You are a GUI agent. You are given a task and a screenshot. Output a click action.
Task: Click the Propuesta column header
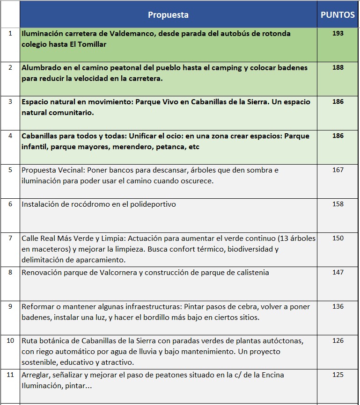168,15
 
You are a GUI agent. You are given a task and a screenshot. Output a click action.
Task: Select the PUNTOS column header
338,15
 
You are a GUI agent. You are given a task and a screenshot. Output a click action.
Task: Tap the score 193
338,34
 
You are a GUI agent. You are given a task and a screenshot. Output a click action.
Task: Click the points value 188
338,68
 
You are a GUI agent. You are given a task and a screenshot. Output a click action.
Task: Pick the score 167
338,170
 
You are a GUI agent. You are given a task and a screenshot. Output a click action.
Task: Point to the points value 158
338,204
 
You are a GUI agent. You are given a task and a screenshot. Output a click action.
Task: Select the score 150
338,239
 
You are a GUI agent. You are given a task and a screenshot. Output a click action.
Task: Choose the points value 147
338,273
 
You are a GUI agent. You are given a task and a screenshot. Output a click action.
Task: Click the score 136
338,307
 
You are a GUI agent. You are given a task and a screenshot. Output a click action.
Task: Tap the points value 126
338,341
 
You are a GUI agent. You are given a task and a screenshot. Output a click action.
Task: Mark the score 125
338,375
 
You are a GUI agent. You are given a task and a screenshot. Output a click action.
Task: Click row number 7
10,239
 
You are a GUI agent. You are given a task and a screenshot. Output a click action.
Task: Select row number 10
10,340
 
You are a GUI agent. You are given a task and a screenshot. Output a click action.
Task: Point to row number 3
10,102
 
